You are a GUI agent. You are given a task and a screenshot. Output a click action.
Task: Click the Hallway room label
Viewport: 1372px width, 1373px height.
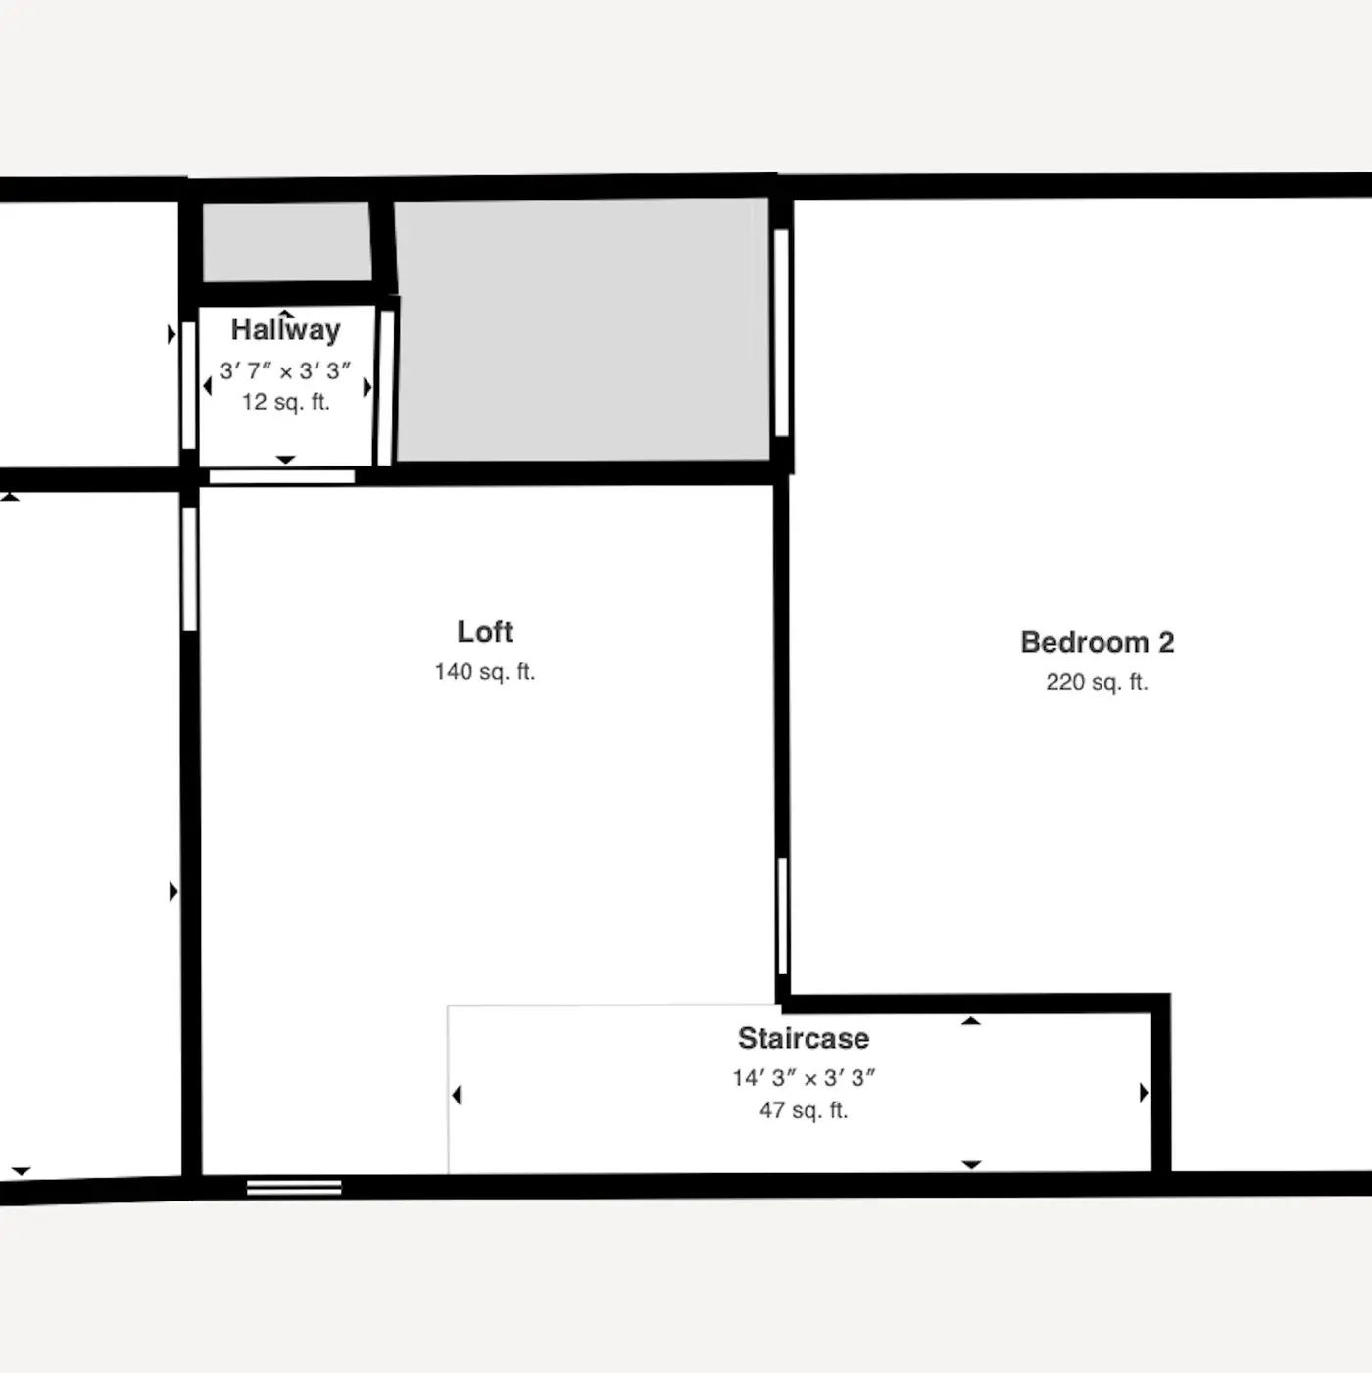point(286,330)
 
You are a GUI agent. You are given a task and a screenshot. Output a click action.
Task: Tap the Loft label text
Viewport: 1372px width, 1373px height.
point(485,632)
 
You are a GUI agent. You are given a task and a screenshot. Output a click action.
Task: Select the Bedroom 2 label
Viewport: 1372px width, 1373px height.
point(1097,642)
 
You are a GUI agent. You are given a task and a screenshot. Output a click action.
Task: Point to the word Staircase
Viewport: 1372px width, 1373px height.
point(804,1038)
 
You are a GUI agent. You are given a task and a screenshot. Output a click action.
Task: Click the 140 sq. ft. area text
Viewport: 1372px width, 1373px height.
point(485,672)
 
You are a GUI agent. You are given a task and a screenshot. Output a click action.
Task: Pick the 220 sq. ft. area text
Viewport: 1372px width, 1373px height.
point(1097,682)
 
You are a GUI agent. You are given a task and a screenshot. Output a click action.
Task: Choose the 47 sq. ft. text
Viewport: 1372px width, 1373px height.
point(804,1110)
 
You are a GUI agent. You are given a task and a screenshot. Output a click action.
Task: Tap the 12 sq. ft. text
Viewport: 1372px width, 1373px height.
point(286,402)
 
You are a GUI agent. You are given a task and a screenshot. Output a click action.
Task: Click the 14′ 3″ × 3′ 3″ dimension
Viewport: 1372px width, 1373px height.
point(804,1078)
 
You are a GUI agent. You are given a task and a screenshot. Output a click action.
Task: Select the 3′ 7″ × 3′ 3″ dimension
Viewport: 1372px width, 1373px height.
point(286,371)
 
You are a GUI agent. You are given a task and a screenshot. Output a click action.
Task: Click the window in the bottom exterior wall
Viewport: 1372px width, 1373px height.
point(294,1188)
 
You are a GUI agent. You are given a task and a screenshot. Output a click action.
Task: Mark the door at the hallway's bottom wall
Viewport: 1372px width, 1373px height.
point(282,476)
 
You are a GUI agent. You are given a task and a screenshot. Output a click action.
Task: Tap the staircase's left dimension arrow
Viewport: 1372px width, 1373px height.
point(457,1095)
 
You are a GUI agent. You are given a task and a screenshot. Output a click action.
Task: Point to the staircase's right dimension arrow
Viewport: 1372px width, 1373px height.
point(1144,1093)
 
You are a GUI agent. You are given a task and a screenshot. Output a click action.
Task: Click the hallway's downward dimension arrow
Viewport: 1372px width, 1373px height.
point(286,460)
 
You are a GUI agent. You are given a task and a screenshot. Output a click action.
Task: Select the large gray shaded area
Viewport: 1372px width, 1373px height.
point(582,330)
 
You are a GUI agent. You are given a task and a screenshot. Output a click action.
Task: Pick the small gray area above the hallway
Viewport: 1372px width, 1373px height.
point(287,241)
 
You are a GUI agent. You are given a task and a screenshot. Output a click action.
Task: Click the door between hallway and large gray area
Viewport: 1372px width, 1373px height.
point(385,388)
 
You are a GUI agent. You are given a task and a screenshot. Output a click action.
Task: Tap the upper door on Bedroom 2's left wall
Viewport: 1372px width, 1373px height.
point(782,333)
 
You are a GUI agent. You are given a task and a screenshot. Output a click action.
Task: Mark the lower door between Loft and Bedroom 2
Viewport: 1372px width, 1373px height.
point(783,915)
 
